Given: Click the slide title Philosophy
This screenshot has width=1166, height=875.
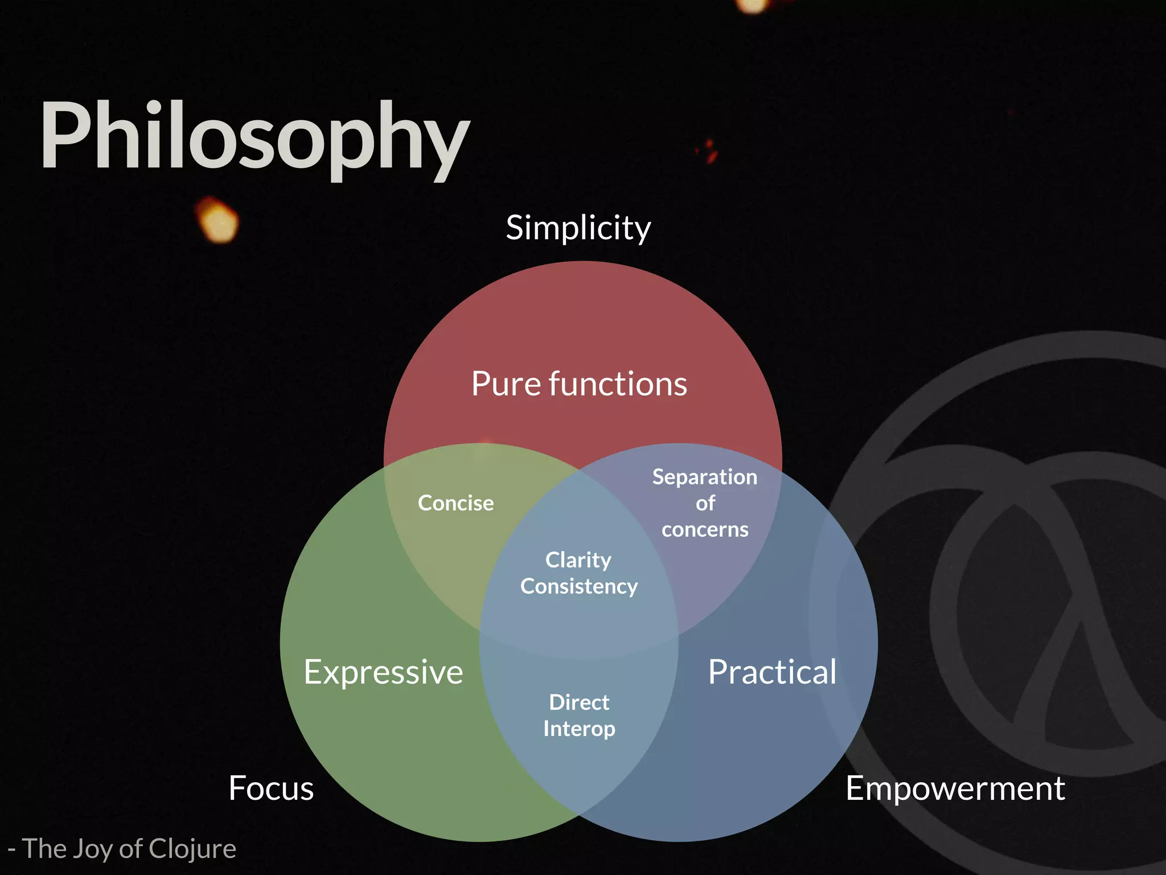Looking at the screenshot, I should tap(254, 137).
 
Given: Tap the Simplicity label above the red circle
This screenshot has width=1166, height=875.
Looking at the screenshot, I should tap(578, 228).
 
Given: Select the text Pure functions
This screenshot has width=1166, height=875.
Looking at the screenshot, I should tap(579, 384).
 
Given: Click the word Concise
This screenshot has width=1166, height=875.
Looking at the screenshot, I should tap(455, 503).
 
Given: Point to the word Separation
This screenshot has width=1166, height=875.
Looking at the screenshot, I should tap(705, 477).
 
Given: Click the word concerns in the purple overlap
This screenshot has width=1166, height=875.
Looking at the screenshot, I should tap(705, 530).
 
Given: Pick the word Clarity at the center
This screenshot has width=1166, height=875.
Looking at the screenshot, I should tap(578, 561).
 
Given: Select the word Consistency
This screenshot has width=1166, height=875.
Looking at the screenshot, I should tap(579, 587).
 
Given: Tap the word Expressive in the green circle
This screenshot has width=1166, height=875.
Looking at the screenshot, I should tap(383, 672).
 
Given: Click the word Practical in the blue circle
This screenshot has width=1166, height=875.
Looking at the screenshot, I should tap(772, 672).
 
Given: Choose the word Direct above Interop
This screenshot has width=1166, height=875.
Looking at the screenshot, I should tap(579, 702).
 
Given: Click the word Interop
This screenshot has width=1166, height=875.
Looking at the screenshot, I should tap(579, 729).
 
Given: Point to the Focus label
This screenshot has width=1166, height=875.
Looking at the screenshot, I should tap(271, 788).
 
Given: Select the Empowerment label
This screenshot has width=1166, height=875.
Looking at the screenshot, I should tap(955, 788).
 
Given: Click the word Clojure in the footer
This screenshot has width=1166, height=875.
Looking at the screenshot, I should tap(192, 849).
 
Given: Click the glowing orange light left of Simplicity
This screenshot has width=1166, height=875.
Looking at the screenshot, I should tap(217, 220).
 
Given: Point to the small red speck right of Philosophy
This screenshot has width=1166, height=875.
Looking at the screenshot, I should tap(708, 151).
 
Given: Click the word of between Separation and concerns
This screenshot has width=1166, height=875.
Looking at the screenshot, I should tap(705, 504).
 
